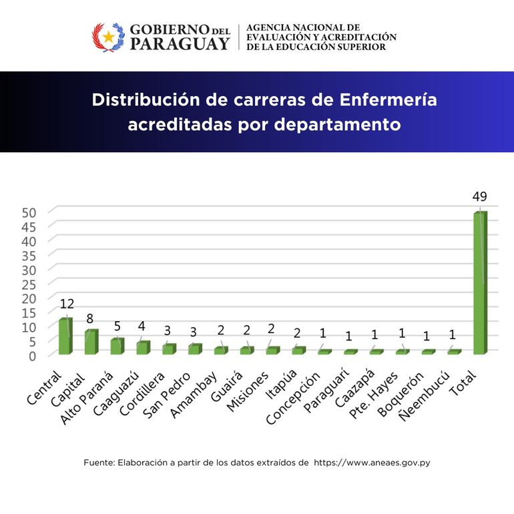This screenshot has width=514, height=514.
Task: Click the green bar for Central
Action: point(65,336)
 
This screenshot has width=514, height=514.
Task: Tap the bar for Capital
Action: point(91,342)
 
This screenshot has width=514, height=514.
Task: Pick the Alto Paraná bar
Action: point(117,346)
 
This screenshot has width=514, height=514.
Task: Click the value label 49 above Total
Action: point(479,197)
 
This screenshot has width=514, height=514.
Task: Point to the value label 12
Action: point(67,304)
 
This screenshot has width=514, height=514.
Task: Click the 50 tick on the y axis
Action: point(37,212)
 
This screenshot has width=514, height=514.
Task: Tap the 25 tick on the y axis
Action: point(37,283)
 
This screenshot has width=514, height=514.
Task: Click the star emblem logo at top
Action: point(107,37)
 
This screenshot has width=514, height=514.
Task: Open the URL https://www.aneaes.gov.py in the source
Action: point(371,462)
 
